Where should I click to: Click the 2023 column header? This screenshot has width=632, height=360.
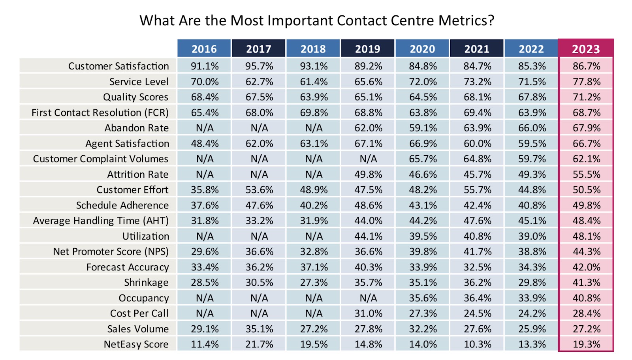click(x=586, y=49)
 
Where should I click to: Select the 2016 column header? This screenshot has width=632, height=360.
click(x=204, y=49)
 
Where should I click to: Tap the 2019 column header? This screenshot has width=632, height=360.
click(x=368, y=49)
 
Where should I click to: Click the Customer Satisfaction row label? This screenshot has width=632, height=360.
click(x=118, y=66)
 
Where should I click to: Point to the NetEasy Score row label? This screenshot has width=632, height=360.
click(x=136, y=344)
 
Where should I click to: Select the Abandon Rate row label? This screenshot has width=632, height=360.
click(x=136, y=128)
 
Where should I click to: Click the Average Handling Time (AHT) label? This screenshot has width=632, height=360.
click(x=101, y=221)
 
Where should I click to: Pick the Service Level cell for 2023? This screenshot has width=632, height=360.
click(x=587, y=82)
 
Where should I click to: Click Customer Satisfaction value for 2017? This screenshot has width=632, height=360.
click(x=259, y=66)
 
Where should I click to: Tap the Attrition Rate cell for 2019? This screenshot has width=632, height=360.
click(x=368, y=174)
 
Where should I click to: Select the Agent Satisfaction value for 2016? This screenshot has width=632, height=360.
click(x=205, y=143)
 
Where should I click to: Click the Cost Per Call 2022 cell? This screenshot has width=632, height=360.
click(x=532, y=313)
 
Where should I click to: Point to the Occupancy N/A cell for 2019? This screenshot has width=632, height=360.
click(x=368, y=298)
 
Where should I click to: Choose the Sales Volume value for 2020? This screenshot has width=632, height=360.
click(x=423, y=329)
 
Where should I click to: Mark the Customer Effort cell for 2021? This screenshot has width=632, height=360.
click(x=477, y=190)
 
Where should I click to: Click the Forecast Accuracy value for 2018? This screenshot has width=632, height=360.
click(x=314, y=267)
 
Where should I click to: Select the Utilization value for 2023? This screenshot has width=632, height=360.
click(x=587, y=236)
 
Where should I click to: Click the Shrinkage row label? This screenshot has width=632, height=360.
click(x=146, y=283)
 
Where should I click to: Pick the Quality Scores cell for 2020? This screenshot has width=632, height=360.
click(x=423, y=97)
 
